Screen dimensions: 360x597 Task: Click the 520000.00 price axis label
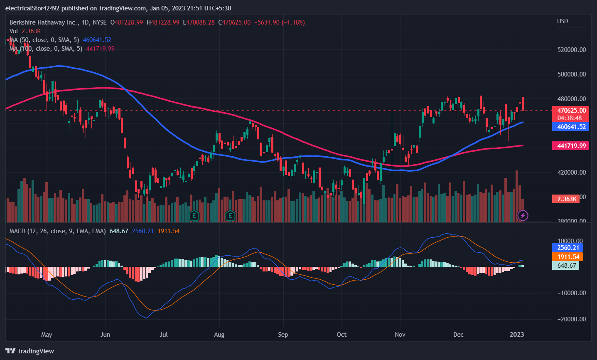click(571, 50)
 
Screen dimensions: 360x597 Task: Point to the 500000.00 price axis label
click(571, 74)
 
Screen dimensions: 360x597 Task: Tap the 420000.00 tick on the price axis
click(571, 173)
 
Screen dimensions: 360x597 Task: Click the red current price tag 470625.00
click(571, 111)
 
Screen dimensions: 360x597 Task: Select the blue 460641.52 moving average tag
click(571, 127)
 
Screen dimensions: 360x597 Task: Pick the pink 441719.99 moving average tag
click(571, 146)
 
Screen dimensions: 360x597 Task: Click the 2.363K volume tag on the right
click(566, 199)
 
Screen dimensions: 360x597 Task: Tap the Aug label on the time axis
click(219, 335)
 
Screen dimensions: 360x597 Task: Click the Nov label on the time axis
click(400, 335)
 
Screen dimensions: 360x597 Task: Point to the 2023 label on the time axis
click(517, 335)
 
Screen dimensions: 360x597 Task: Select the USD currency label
click(563, 21)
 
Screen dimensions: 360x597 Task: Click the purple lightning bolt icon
click(523, 215)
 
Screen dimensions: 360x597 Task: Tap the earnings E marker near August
click(230, 215)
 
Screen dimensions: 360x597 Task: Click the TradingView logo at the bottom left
click(30, 351)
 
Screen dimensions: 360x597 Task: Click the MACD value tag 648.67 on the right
click(566, 266)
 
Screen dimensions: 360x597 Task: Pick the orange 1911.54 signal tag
click(568, 257)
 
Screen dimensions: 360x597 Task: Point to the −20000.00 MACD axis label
click(571, 319)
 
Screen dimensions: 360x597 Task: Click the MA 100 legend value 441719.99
click(100, 49)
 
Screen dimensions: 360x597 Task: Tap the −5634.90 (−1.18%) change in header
click(279, 22)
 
